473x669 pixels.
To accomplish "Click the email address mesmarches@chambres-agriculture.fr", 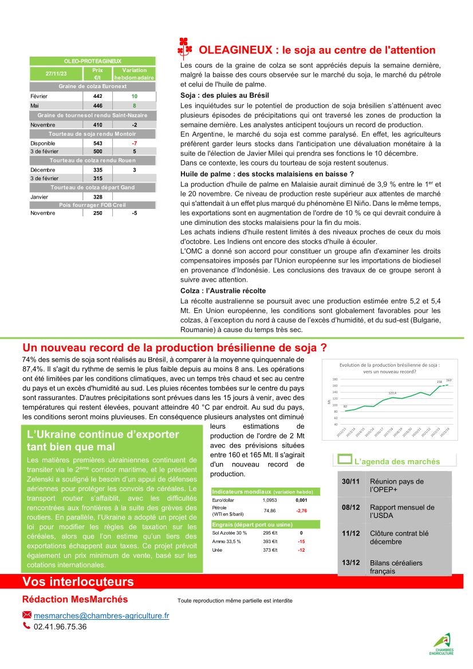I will click(101, 615).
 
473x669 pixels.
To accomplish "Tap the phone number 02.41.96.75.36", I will click(60, 627).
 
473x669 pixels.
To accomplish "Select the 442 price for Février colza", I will click(97, 96).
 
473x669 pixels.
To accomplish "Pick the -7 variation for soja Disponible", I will click(134, 142).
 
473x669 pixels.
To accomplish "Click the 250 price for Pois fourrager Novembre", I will click(97, 213).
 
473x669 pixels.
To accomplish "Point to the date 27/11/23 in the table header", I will click(56, 74).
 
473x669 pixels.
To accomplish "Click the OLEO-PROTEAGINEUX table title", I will click(93, 61).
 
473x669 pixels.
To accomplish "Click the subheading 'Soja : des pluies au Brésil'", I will click(224, 96).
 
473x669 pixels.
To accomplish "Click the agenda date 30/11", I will click(350, 481).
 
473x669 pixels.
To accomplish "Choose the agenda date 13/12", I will click(350, 563).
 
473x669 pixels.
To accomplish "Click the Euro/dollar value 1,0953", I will click(269, 500).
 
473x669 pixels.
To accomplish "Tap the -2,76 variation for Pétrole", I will click(301, 510).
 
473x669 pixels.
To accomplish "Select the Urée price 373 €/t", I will click(270, 550).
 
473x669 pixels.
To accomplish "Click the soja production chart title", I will click(389, 367).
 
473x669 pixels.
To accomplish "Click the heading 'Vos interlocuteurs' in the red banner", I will click(78, 582).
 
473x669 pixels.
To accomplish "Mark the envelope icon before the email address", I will click(27, 615).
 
